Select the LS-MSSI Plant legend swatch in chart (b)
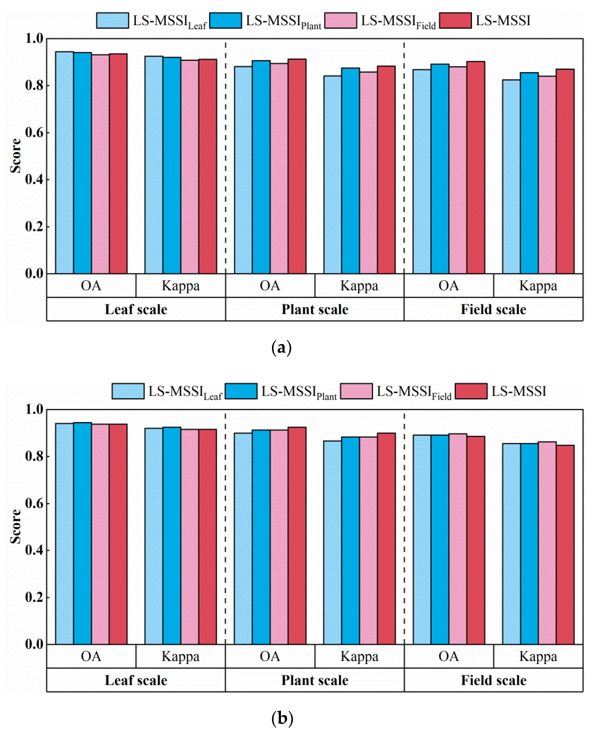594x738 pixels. [241, 391]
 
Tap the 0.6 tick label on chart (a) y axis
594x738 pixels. [34, 133]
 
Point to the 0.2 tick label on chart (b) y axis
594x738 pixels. [34, 597]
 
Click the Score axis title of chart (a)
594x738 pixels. [16, 156]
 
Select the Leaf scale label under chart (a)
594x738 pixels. [136, 309]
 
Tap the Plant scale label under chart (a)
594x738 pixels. [315, 309]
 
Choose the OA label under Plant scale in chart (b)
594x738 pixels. [270, 657]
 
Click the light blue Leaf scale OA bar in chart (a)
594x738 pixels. [64, 164]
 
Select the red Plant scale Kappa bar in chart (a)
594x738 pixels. [386, 171]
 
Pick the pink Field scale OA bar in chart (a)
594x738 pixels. [458, 171]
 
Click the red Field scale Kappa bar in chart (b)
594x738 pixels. [565, 548]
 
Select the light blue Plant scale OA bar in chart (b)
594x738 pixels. [243, 541]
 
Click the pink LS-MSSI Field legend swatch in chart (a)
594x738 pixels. [341, 21]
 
